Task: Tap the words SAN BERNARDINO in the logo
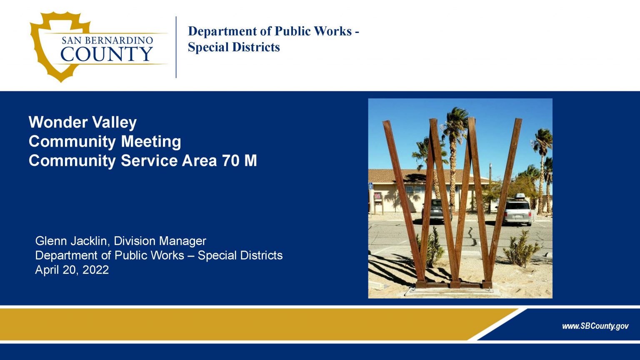pos(107,40)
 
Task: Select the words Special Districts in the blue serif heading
pos(233,47)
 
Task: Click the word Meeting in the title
pos(151,141)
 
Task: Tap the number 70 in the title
pos(230,160)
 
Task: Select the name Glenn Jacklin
pos(72,241)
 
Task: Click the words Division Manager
pos(160,241)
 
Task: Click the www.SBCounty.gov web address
pos(595,326)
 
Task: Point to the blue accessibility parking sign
pos(370,186)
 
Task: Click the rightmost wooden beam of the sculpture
pos(505,200)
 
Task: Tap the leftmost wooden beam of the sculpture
pos(402,200)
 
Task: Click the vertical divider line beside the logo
pos(176,47)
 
